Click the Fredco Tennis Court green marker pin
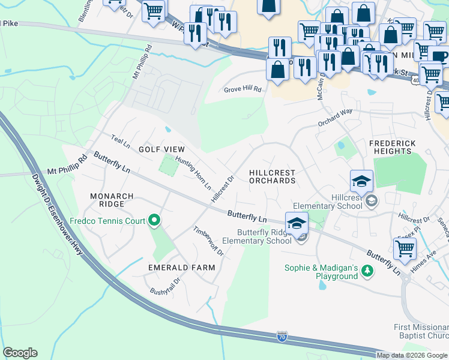pyautogui.click(x=154, y=221)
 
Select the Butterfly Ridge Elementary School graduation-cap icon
pyautogui.click(x=297, y=224)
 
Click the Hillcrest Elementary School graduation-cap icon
pyautogui.click(x=362, y=181)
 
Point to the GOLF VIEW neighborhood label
pyautogui.click(x=161, y=149)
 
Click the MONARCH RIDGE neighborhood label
pyautogui.click(x=107, y=200)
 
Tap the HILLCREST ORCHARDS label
pyautogui.click(x=272, y=176)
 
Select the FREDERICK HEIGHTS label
pyautogui.click(x=390, y=147)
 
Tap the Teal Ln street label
pyautogui.click(x=120, y=141)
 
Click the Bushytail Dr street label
pyautogui.click(x=165, y=291)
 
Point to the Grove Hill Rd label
pyautogui.click(x=243, y=89)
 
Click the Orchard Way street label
pyautogui.click(x=335, y=117)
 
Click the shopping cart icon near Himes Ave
pyautogui.click(x=405, y=248)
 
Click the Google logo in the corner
pyautogui.click(x=20, y=353)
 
